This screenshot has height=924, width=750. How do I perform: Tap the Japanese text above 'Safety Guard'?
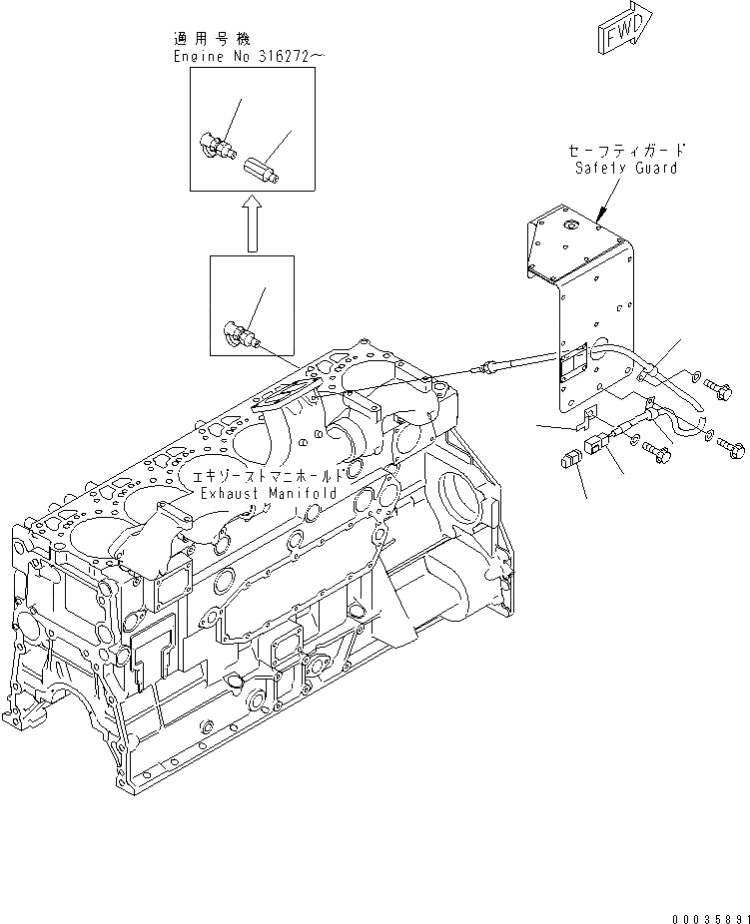(626, 150)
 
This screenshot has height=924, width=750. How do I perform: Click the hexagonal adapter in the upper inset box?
(262, 170)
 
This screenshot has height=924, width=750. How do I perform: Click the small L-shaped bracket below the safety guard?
(591, 410)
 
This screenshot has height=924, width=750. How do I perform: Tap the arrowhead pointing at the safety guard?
(599, 216)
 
